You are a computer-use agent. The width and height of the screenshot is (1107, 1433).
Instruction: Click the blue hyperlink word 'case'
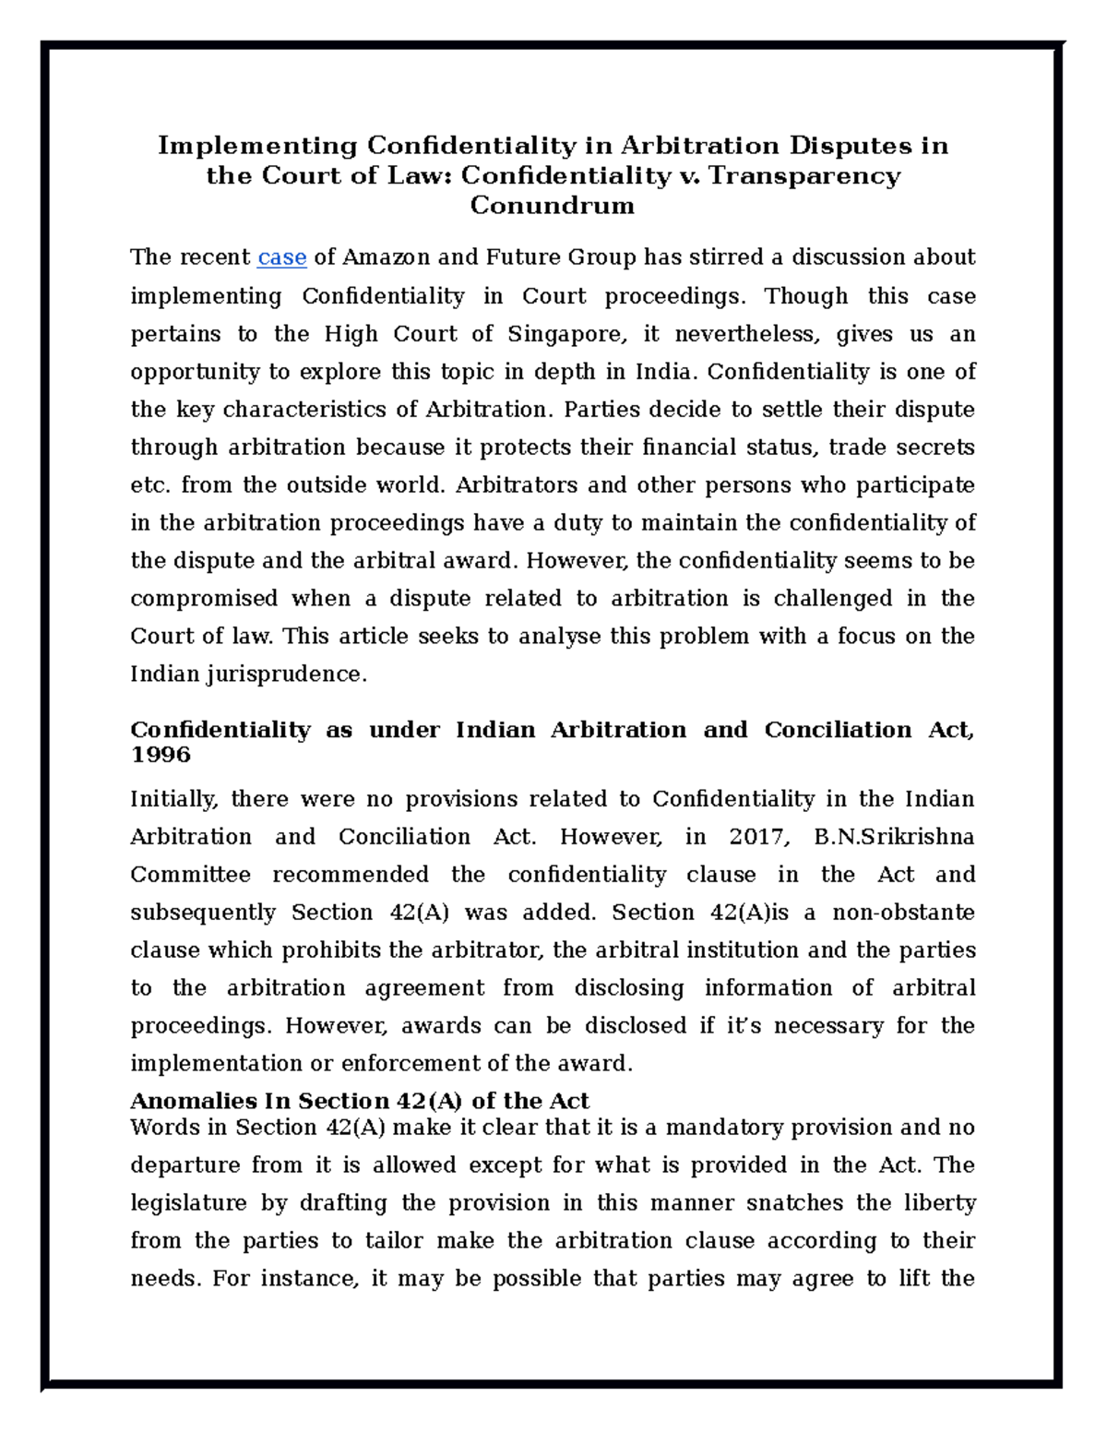coord(281,257)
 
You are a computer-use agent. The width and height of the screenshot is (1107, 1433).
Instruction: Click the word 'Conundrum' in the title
coord(552,205)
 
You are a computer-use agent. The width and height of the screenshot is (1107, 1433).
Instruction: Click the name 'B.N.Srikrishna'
coord(894,837)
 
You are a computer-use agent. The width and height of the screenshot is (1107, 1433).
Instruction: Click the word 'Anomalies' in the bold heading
coord(183,1101)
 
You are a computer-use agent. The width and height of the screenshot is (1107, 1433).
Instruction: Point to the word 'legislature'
coord(188,1203)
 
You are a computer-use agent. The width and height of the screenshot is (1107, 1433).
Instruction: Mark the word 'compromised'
coord(204,599)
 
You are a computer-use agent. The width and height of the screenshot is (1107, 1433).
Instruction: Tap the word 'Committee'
coord(190,875)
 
